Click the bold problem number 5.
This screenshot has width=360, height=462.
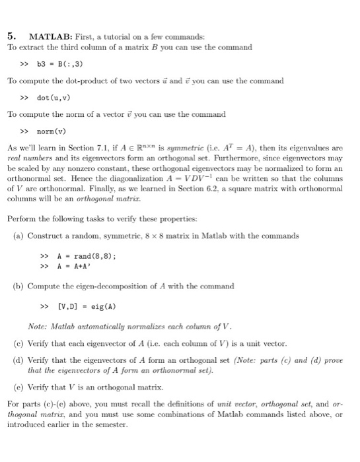tap(11, 36)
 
